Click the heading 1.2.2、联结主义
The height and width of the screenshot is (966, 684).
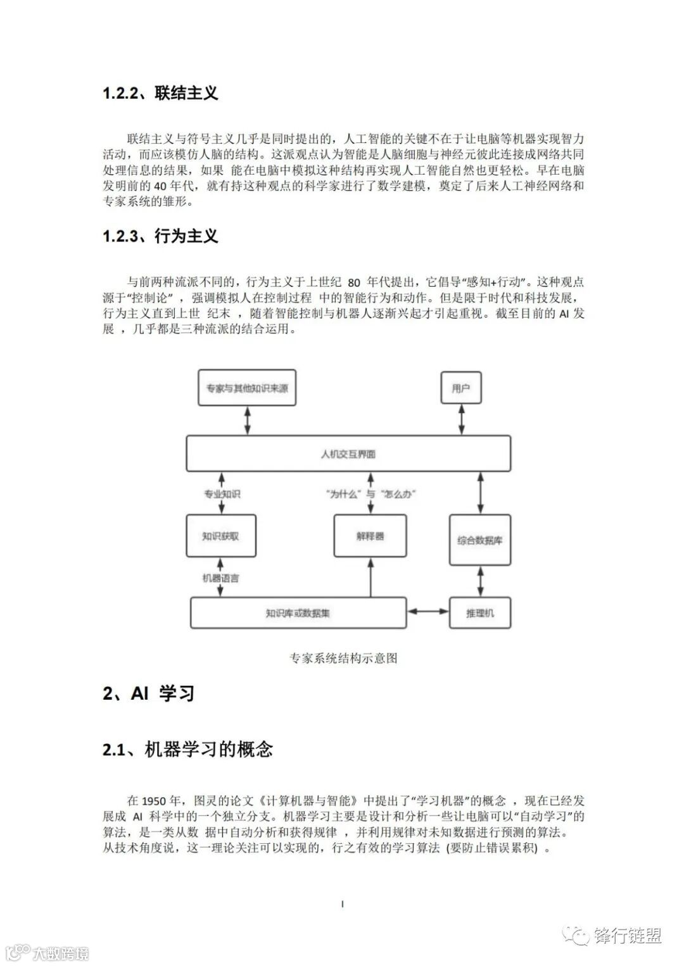pos(160,93)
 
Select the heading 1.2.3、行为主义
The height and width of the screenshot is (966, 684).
pos(160,236)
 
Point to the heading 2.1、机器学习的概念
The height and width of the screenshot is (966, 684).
pos(187,750)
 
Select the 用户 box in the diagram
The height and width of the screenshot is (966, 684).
pos(460,388)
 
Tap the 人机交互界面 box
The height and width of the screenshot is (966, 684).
pos(348,454)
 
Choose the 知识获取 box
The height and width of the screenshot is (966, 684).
pos(220,536)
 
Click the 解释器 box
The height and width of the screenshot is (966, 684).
pos(370,536)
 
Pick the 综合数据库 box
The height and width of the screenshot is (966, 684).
pos(479,541)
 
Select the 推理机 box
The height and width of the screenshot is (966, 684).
pos(479,612)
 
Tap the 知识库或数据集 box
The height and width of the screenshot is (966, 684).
pos(298,612)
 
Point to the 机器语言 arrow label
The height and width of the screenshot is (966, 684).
pos(220,578)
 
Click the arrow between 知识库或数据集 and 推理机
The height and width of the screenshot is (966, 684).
pos(427,612)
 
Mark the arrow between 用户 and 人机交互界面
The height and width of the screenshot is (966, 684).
pos(460,419)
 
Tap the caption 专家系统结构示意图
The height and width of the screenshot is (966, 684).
pos(343,658)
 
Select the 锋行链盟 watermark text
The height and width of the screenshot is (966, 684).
pos(628,936)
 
